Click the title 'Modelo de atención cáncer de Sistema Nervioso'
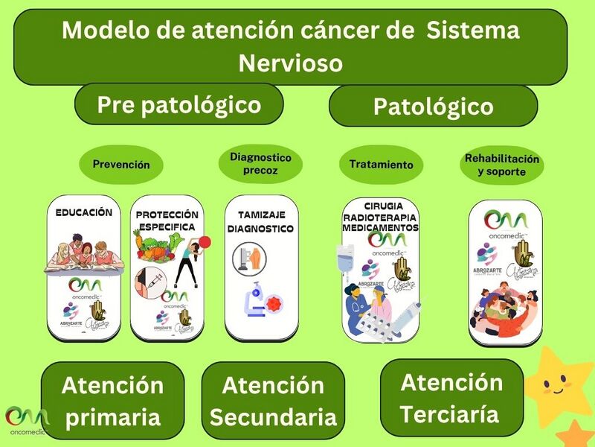pos(291,46)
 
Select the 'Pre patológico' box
pos(179,104)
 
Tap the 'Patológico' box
pos(433,107)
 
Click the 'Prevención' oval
pos(120,165)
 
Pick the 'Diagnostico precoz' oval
pos(260,164)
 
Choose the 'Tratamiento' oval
pos(381,164)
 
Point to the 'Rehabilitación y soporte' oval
pos(502,165)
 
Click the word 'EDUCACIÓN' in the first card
pos(84,212)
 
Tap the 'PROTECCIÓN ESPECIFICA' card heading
pos(167,221)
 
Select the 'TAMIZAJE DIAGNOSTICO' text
pos(260,221)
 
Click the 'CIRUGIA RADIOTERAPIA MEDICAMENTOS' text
pos(381,216)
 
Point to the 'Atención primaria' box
pos(112,401)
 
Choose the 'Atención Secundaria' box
pos(273,401)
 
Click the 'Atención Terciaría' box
pos(451,398)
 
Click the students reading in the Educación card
pos(83,252)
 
